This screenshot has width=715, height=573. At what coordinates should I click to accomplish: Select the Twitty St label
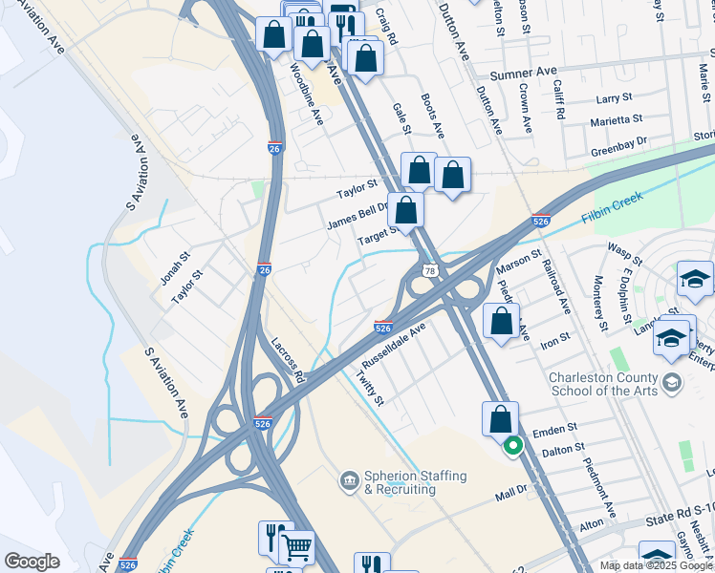[x=370, y=389]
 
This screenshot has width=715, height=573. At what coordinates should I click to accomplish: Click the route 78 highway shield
[x=431, y=271]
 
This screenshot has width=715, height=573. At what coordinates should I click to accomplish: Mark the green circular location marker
[x=512, y=444]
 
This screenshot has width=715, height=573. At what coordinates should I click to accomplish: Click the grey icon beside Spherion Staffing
[x=349, y=477]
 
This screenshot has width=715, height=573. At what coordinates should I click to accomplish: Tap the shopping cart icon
[x=297, y=547]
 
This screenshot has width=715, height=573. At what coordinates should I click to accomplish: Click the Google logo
[x=32, y=562]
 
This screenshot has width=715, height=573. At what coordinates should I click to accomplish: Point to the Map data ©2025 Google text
[x=656, y=565]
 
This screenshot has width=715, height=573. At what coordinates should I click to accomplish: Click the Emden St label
[x=564, y=429]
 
